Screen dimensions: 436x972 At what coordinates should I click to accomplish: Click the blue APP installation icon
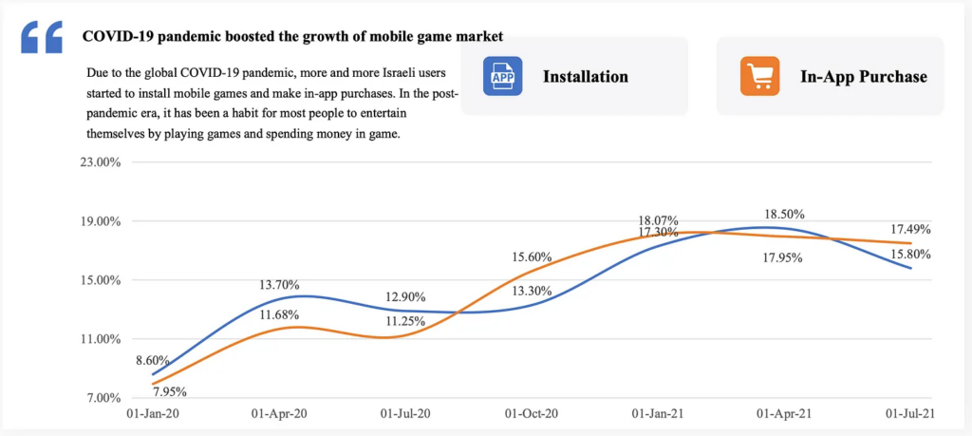503,76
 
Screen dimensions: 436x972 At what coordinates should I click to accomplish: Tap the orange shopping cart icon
759,76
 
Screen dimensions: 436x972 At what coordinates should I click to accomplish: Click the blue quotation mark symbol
41,38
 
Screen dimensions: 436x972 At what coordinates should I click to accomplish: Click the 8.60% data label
152,361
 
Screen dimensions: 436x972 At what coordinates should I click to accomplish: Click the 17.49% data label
909,229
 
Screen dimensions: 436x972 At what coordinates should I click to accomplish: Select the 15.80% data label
909,254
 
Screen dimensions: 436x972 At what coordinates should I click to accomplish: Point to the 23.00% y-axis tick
100,162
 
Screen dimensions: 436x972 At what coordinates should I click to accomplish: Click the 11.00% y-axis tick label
100,339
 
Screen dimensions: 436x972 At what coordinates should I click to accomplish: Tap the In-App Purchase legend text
863,76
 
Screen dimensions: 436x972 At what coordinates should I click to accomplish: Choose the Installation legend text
586,76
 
